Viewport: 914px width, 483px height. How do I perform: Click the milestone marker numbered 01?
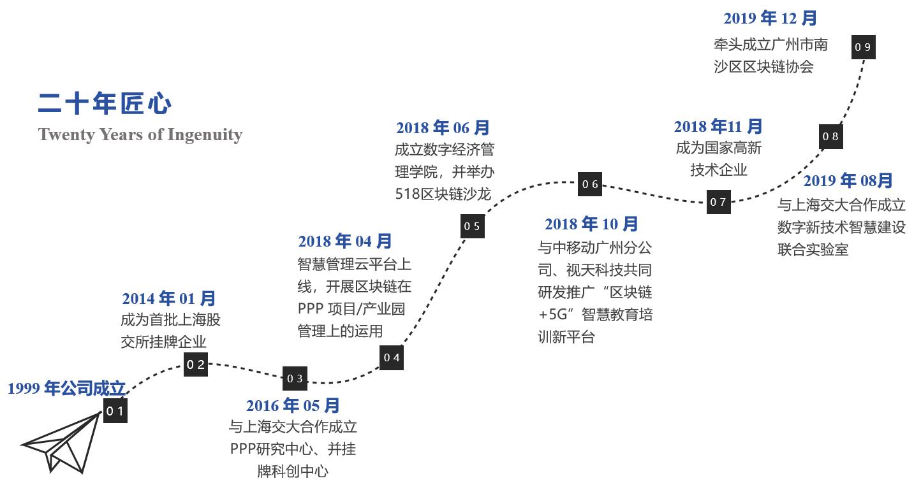coord(115,411)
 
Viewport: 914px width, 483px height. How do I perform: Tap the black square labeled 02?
coord(196,364)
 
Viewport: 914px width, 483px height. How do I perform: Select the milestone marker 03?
coord(295,378)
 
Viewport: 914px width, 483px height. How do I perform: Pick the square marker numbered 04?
coord(392,357)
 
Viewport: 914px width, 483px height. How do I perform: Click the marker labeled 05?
coord(472,226)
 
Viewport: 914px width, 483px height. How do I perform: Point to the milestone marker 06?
coord(590,184)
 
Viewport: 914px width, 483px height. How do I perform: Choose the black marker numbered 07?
coord(718,202)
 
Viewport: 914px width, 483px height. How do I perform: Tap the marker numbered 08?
coord(830,136)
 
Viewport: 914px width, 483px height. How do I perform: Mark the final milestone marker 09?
coord(863,47)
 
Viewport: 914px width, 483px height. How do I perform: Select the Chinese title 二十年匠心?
coord(105,104)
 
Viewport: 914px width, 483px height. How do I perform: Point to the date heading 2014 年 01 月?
coord(169,298)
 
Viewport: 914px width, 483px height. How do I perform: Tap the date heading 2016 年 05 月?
coord(293,405)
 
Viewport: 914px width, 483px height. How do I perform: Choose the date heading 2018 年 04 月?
coord(345,242)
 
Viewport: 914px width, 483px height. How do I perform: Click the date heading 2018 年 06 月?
coord(443,128)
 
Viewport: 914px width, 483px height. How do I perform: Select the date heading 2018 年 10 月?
coord(591,224)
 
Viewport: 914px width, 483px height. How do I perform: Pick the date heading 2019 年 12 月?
coord(770,18)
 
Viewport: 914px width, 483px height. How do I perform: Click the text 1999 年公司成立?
coord(67,388)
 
